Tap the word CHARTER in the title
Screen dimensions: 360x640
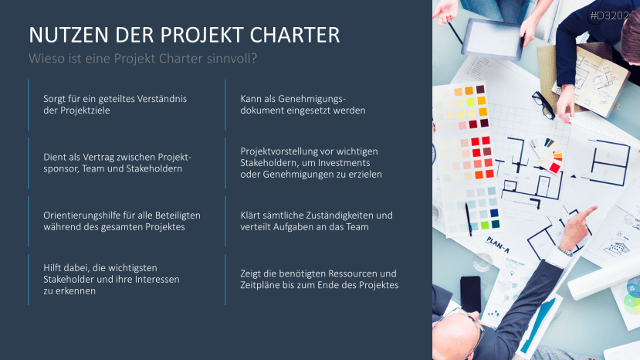(296, 36)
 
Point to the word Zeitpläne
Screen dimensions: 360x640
(263, 285)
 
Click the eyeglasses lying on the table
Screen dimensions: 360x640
(543, 105)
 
